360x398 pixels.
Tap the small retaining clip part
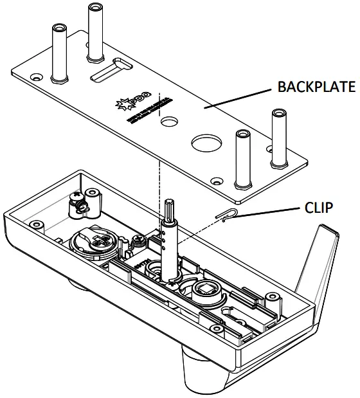(x=226, y=214)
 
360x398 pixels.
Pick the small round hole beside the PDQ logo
(x=170, y=120)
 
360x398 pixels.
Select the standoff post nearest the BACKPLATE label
(x=278, y=136)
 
